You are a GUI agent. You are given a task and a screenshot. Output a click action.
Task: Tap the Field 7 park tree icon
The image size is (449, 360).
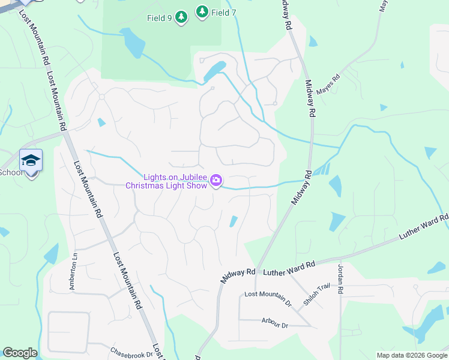click(202, 12)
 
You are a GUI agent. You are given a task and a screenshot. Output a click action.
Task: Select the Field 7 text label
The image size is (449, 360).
click(224, 13)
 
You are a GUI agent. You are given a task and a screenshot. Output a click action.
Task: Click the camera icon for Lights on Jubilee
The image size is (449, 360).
click(217, 180)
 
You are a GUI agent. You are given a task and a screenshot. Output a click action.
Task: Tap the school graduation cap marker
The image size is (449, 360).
click(31, 160)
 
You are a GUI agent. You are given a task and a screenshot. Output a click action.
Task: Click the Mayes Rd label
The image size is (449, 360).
click(328, 85)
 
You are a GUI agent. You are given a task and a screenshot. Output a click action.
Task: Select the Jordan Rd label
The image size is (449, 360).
click(340, 280)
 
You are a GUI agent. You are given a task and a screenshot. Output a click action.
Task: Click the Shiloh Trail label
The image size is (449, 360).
click(316, 295)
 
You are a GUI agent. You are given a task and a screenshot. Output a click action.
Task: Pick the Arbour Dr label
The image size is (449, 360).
click(275, 323)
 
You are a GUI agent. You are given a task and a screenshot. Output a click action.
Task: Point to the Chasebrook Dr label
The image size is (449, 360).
click(131, 353)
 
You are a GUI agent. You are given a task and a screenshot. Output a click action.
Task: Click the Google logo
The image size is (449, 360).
click(20, 353)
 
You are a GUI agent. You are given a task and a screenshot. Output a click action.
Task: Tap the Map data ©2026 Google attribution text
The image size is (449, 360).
click(411, 355)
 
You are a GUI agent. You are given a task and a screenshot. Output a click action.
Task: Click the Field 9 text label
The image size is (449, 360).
click(160, 18)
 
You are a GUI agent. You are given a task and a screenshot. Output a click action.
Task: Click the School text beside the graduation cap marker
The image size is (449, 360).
click(10, 173)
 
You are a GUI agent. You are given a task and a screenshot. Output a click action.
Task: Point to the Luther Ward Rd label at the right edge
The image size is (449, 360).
click(424, 228)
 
